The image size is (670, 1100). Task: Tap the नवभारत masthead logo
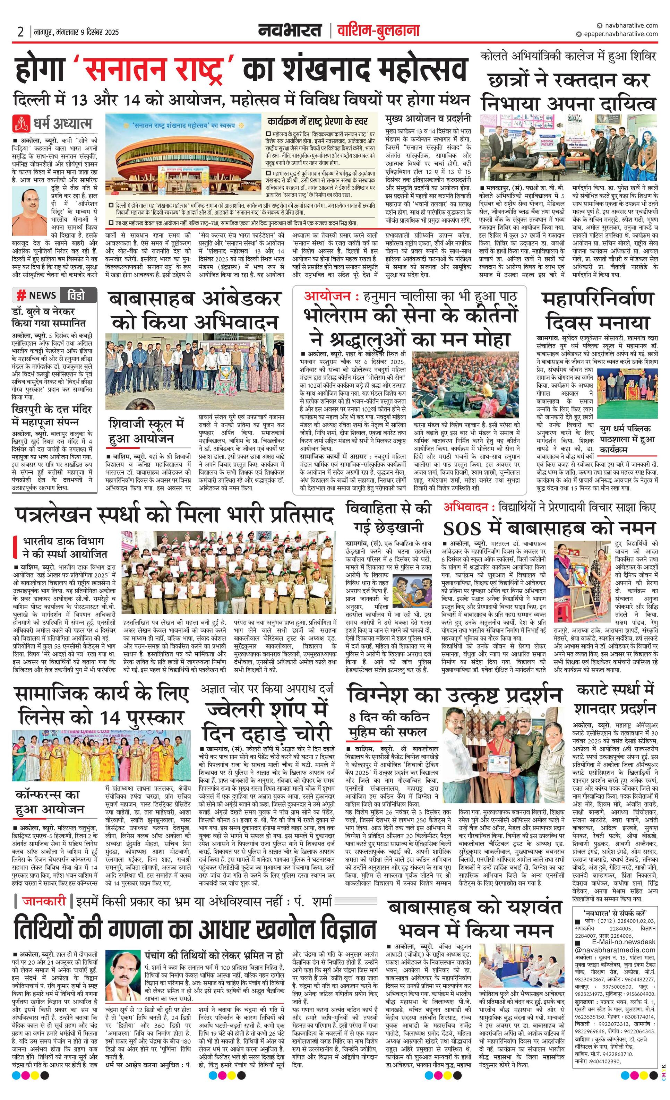(290, 31)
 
